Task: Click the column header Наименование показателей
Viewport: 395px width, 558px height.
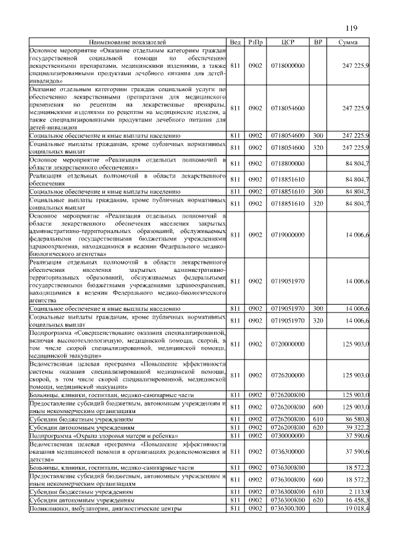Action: point(128,42)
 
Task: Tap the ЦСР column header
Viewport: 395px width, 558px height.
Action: point(288,42)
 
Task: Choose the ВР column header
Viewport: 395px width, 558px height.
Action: point(318,42)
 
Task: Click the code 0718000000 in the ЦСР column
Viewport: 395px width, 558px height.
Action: point(288,65)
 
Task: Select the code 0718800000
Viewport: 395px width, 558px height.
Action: point(288,163)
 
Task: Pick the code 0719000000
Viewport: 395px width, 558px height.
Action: point(288,234)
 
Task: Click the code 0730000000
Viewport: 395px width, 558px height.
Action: point(288,436)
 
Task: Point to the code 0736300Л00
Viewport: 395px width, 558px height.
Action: point(288,509)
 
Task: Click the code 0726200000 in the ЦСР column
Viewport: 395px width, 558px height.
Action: point(288,375)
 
